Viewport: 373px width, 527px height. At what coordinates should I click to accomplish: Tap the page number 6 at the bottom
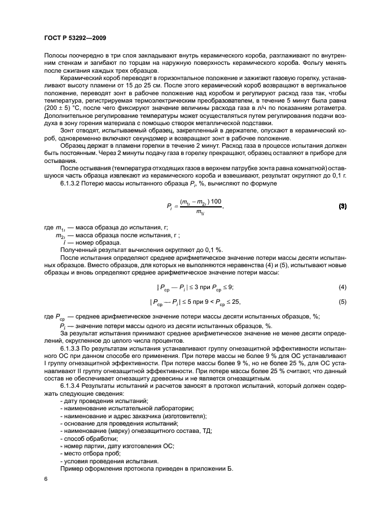(46, 479)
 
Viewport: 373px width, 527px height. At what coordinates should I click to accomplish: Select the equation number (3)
(342, 206)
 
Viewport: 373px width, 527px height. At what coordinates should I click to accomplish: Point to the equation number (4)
(342, 287)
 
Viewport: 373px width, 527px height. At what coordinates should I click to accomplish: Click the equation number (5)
(342, 302)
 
